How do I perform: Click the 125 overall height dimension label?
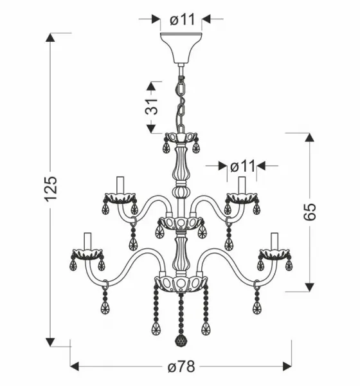[51, 189]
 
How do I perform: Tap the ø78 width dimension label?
[181, 367]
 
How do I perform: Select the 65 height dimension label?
[309, 212]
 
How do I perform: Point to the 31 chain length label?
[151, 107]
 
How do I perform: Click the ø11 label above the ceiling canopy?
[183, 19]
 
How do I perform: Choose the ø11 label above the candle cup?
[242, 167]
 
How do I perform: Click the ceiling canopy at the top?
[181, 48]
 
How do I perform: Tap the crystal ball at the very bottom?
[181, 340]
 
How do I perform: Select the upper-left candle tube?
[120, 185]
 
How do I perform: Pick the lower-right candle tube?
[274, 241]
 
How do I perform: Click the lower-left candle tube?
[87, 241]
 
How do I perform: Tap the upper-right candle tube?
[242, 185]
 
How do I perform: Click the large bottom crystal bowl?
[181, 284]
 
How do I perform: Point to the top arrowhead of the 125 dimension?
[50, 38]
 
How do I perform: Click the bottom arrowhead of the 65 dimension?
[309, 287]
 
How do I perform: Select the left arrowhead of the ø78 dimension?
[75, 366]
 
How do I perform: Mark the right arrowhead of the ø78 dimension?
[287, 366]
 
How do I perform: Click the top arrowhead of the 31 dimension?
[151, 86]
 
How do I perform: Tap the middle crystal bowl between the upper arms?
[181, 223]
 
